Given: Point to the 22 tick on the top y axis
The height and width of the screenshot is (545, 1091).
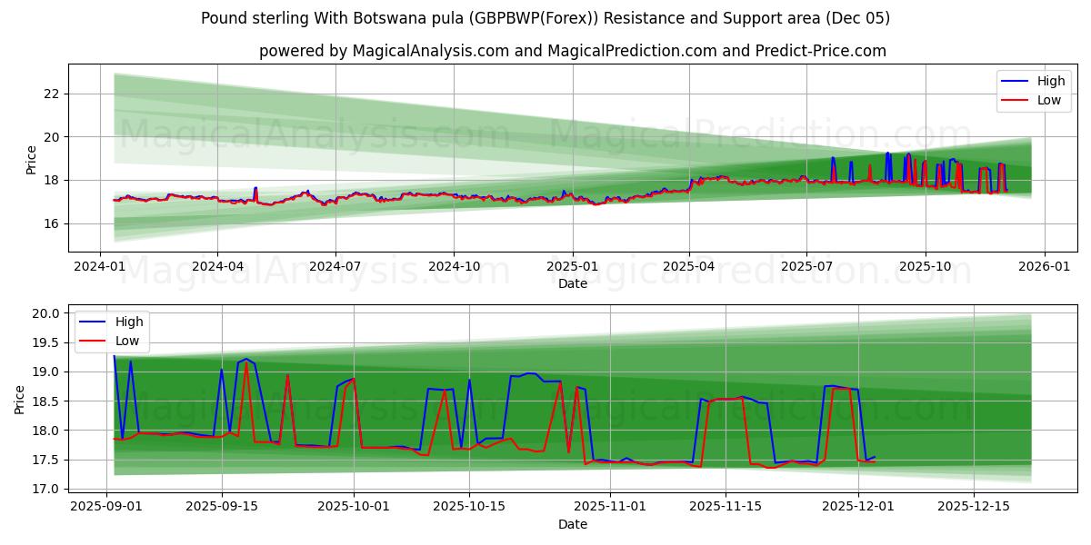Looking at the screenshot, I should point(51,94).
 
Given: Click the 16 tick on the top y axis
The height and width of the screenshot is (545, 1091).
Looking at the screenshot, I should point(51,223).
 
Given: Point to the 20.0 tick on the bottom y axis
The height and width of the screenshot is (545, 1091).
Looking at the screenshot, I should point(45,313).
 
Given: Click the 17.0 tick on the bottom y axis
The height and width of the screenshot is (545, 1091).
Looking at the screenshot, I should point(45,489).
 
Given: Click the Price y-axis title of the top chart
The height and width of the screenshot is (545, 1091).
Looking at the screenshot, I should point(31,159).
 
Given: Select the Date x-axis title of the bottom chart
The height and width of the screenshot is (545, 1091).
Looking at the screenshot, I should point(573,524).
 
